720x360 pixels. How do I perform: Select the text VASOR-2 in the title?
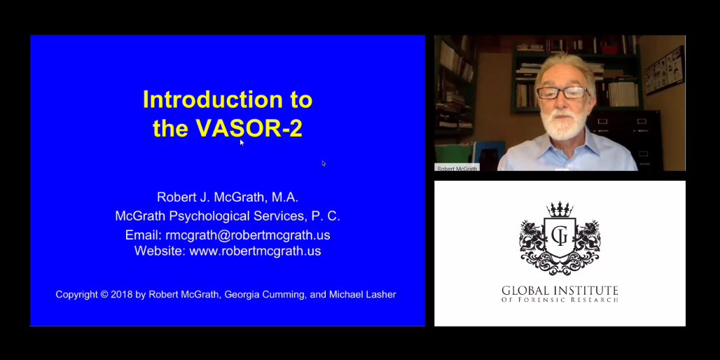250,128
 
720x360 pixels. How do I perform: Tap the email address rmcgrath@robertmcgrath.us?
247,235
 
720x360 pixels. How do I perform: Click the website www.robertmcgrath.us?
255,251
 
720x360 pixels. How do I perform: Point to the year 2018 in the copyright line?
122,294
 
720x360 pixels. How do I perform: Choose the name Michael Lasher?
362,294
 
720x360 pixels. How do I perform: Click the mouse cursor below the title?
242,143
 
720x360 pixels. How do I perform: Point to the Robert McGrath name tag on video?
457,168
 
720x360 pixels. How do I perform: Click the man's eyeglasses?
563,92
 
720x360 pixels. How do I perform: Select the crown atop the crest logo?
560,210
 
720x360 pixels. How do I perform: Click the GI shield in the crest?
560,237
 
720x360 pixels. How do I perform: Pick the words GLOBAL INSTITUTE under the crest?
560,291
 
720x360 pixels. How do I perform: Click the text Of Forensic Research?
560,300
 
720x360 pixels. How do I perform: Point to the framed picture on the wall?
664,70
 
